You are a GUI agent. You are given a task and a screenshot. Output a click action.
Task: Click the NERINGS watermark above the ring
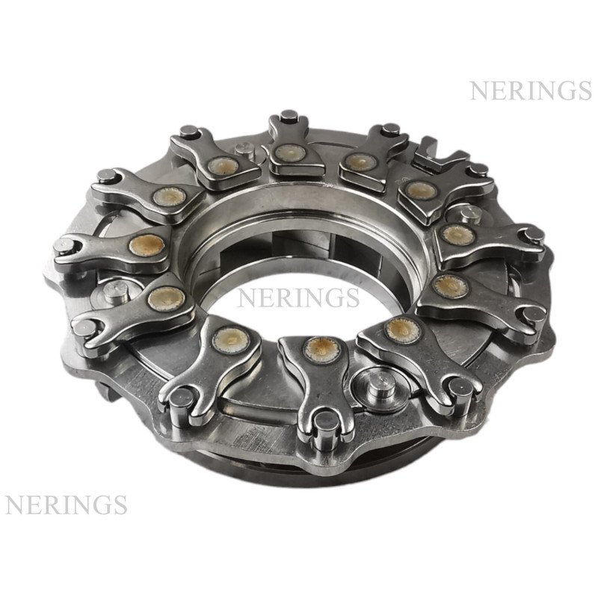coord(531,90)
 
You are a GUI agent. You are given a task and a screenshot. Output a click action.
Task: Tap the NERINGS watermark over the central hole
coord(298,298)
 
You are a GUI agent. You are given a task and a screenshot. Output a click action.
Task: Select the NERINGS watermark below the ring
coord(66,504)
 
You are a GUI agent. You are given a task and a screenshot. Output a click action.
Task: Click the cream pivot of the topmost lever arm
coord(289,152)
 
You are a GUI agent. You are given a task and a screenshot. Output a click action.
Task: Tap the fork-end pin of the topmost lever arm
coord(289,117)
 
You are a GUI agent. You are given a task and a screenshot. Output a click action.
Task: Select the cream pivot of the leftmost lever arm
coord(146,244)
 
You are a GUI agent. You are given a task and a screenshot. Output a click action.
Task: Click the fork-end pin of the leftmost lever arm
coord(64,247)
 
